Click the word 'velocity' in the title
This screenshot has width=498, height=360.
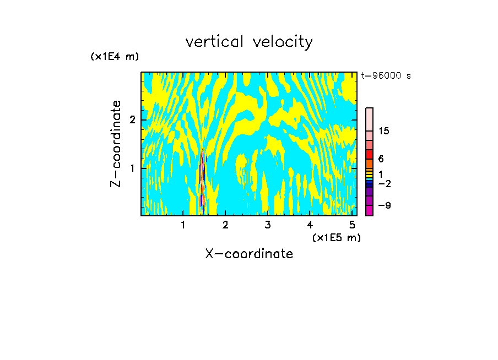point(284,42)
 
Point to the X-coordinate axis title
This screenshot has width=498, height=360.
point(249,254)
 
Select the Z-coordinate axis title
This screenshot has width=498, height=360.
point(116,144)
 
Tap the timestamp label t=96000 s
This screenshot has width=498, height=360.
point(386,76)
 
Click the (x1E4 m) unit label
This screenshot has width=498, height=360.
point(115,56)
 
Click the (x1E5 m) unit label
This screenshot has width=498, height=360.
point(336,237)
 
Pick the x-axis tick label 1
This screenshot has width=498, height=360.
point(183,225)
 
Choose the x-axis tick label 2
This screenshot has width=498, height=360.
point(225,225)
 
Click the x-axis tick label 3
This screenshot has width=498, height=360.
point(268,225)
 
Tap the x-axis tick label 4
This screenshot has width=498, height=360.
point(310,225)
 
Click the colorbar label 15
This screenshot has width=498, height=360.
point(384,131)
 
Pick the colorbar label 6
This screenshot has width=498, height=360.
point(381,159)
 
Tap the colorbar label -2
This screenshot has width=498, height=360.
point(384,183)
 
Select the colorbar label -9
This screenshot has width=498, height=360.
point(384,205)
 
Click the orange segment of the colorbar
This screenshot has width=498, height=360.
point(369,163)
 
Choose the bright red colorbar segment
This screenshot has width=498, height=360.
point(369,154)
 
